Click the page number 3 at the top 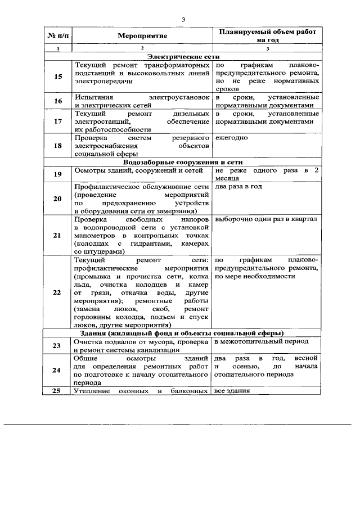183,21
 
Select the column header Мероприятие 142,36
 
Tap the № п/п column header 57,36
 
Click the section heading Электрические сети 183,57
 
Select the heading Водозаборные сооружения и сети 183,161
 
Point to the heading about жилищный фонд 183,333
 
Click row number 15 57,76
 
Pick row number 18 57,146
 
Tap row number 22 57,292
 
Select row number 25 57,391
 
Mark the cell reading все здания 232,391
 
